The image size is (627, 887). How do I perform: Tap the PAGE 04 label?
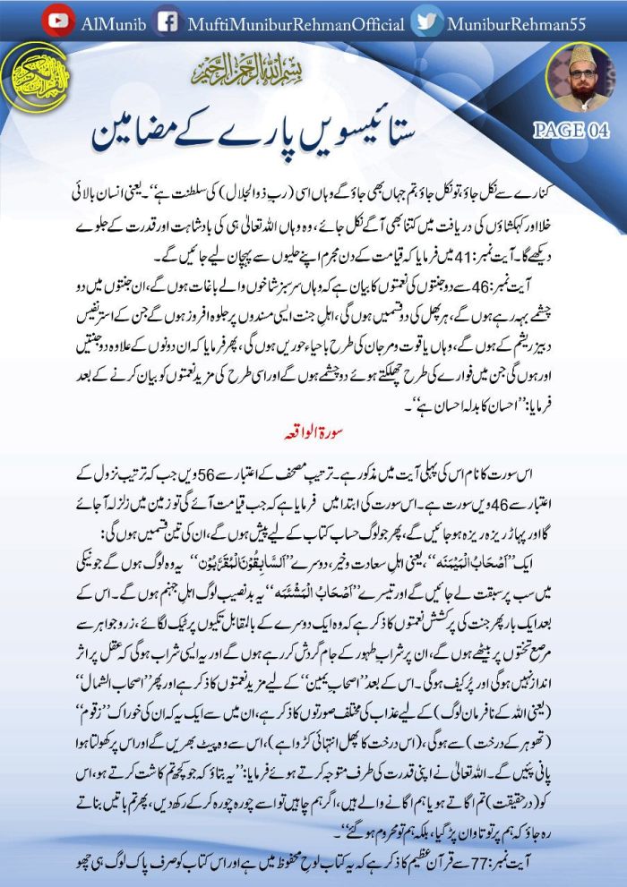(571, 130)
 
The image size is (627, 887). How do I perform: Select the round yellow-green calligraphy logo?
(35, 77)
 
